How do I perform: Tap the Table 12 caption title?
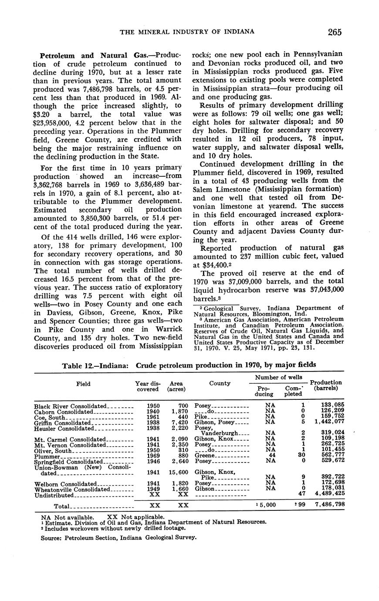click(189, 365)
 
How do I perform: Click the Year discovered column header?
click(148, 386)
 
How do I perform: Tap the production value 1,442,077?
click(326, 422)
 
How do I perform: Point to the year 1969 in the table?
click(153, 456)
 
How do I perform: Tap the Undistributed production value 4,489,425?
click(326, 495)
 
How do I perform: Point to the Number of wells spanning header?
click(279, 377)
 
